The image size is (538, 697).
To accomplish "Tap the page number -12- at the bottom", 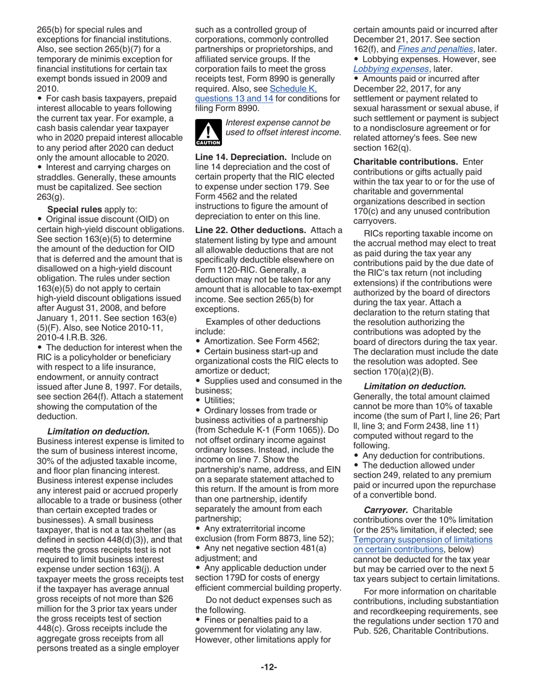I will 268,667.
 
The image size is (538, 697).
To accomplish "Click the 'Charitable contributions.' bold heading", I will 406,161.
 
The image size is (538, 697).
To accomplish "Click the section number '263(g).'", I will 50,197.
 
